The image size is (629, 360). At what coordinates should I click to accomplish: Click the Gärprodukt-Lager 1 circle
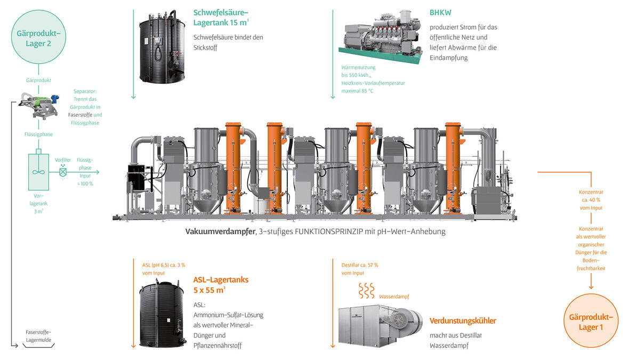[592, 322]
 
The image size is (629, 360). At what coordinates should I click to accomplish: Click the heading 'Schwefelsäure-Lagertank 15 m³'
[221, 18]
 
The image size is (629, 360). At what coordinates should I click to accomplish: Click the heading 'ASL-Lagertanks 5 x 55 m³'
[221, 284]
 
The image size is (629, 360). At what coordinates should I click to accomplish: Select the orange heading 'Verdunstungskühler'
[463, 321]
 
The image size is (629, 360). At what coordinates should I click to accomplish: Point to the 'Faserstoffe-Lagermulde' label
[38, 335]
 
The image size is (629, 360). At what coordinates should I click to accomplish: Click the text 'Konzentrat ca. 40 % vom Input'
[591, 199]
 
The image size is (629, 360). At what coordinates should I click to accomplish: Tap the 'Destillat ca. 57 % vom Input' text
[360, 269]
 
